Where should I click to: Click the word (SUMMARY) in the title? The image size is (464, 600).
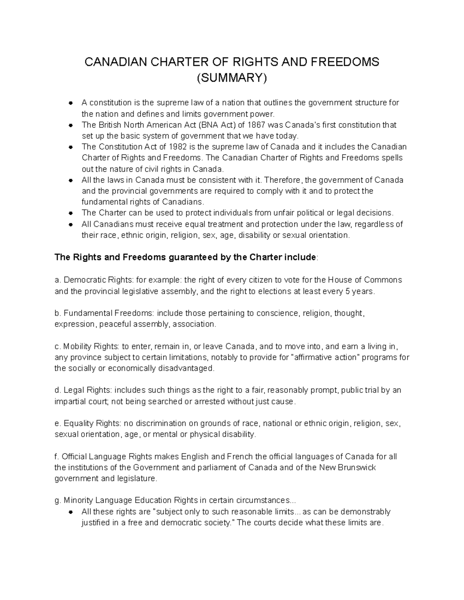coord(232,78)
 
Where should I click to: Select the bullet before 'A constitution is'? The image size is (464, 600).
coord(70,103)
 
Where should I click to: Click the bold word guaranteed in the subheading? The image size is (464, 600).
coord(194,257)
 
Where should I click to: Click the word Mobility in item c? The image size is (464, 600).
coord(77,346)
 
